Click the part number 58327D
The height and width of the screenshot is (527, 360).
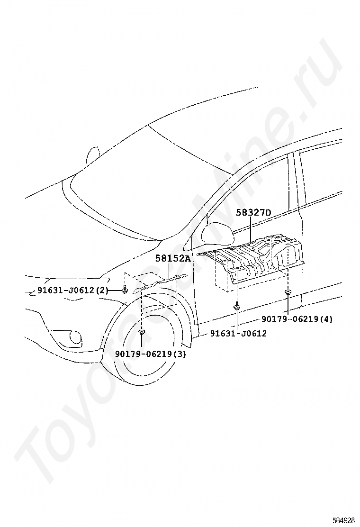(253, 213)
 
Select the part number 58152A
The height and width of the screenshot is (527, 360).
(173, 258)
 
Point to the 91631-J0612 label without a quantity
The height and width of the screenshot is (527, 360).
(238, 334)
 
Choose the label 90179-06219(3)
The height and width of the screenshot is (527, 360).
(150, 354)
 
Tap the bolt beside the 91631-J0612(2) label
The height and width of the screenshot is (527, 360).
(124, 290)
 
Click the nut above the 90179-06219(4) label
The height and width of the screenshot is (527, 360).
(288, 293)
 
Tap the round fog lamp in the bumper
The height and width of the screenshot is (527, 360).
(75, 337)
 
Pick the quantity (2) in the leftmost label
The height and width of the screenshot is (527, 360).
(102, 291)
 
